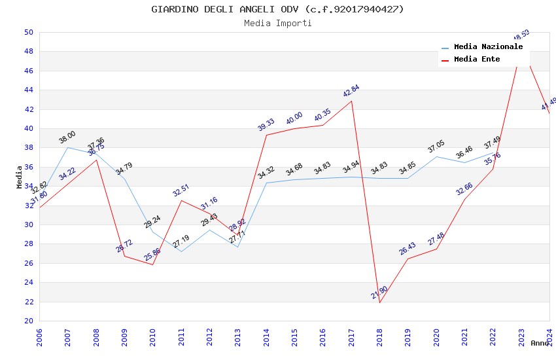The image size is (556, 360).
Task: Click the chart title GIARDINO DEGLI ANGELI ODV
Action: click(x=277, y=9)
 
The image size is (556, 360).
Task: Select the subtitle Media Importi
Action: click(x=277, y=23)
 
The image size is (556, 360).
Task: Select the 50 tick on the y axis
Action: click(x=28, y=32)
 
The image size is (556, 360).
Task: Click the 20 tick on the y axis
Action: click(x=28, y=321)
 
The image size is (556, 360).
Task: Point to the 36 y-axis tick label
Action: click(x=28, y=167)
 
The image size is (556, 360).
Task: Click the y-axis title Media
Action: click(x=20, y=177)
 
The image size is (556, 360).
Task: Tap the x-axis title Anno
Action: click(x=540, y=343)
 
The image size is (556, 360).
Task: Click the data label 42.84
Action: click(x=351, y=91)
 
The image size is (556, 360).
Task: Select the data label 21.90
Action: click(x=379, y=293)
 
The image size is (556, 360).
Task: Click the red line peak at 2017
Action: click(x=351, y=101)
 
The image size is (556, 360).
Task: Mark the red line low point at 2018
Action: click(x=379, y=302)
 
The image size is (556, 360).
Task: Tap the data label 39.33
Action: click(x=266, y=125)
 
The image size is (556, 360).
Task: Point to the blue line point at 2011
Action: click(x=181, y=251)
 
